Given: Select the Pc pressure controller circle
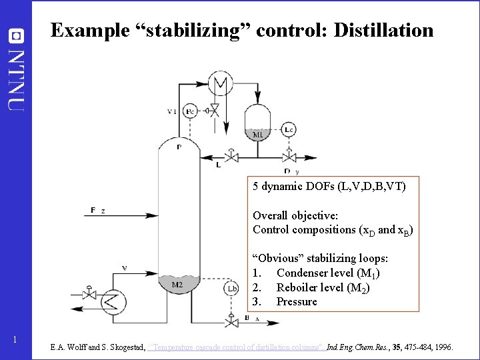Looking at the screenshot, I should point(190,111).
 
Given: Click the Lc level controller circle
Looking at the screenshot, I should point(289,129).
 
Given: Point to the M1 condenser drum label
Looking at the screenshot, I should point(258,134).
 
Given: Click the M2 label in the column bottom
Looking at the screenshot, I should point(177,285).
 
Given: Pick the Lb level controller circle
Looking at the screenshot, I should point(231,288).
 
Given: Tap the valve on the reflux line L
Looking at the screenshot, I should point(232,157).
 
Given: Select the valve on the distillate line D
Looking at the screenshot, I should point(290,157).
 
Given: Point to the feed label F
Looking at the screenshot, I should point(93,211).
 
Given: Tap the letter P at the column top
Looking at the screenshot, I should point(179,147).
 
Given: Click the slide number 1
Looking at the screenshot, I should point(15,341).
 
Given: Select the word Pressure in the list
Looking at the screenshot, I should point(297,302).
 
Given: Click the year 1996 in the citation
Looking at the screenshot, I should point(442,347).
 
